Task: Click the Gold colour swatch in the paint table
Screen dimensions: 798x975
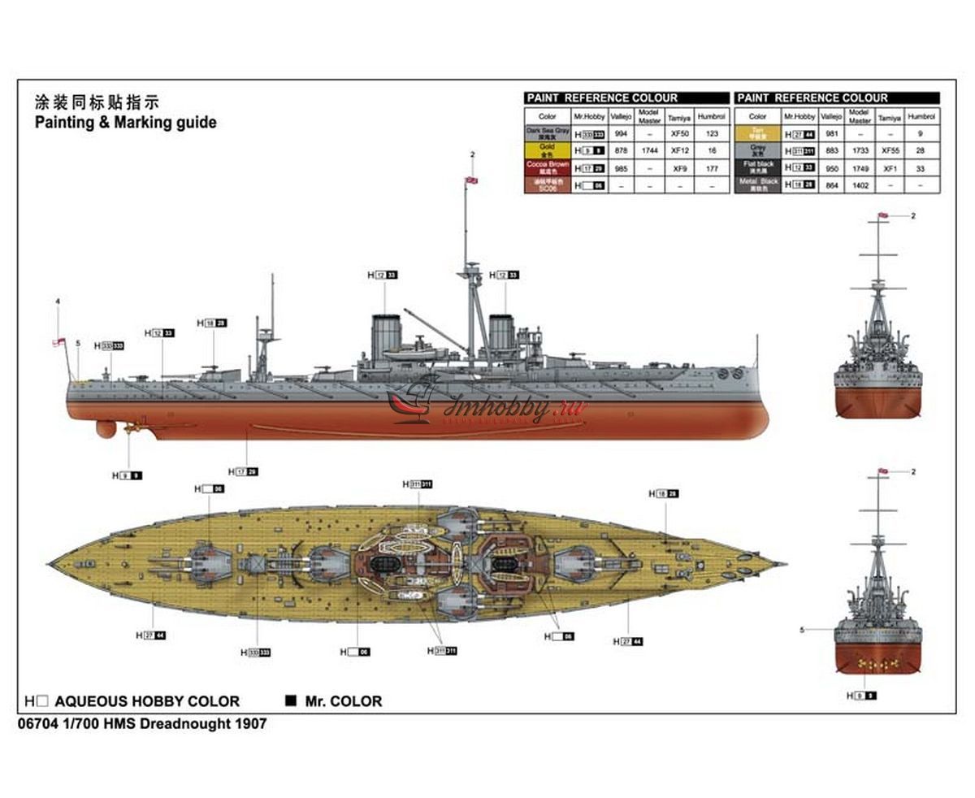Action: pyautogui.click(x=547, y=150)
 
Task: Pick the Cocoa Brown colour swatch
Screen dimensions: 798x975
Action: pyautogui.click(x=547, y=167)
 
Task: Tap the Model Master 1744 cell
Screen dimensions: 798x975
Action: pyautogui.click(x=649, y=150)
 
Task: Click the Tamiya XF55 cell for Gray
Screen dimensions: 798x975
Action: pyautogui.click(x=890, y=150)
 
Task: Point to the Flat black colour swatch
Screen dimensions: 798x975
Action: pyautogui.click(x=757, y=167)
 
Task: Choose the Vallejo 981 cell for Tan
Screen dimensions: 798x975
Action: pyautogui.click(x=831, y=134)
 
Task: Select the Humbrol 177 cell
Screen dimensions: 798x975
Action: pyautogui.click(x=713, y=168)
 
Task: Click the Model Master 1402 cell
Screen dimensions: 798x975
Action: pyautogui.click(x=860, y=185)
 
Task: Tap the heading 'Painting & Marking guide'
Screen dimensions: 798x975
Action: pyautogui.click(x=125, y=123)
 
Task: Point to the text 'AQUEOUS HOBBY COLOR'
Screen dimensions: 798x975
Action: pyautogui.click(x=147, y=701)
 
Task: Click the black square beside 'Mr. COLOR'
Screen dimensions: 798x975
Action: pyautogui.click(x=290, y=700)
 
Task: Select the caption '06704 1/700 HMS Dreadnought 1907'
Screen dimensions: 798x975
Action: pyautogui.click(x=140, y=723)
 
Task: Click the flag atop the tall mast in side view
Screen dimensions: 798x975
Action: pyautogui.click(x=471, y=180)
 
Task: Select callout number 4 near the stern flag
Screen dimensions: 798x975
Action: pyautogui.click(x=58, y=302)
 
